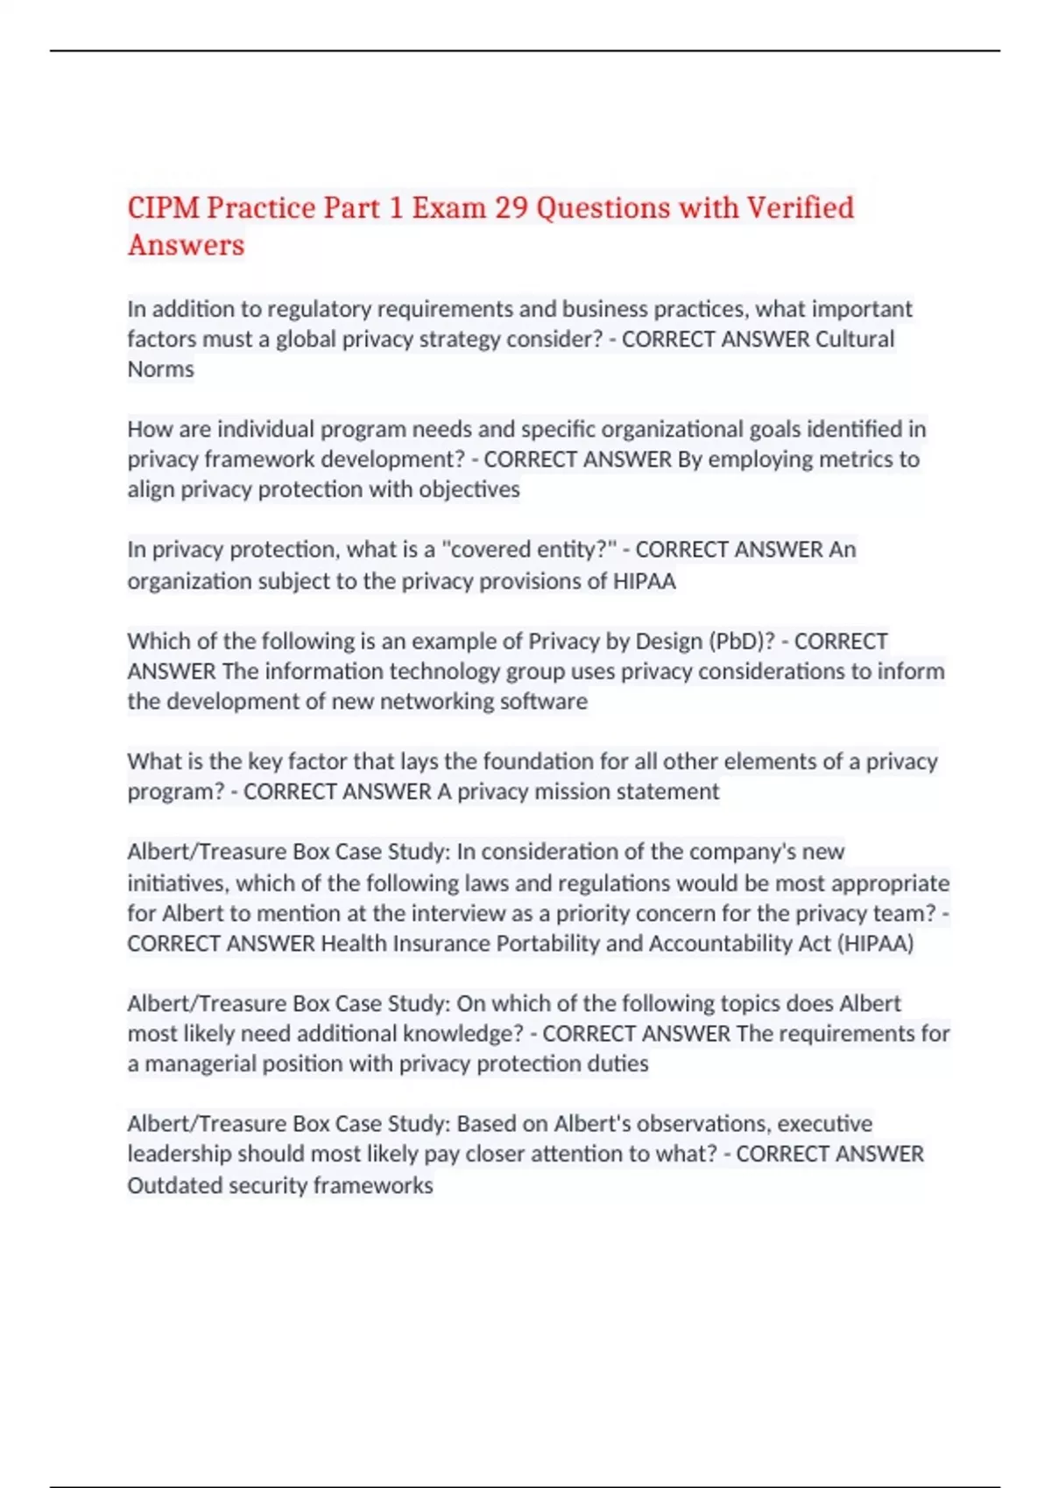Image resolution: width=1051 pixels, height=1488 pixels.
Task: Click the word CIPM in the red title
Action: pyautogui.click(x=163, y=207)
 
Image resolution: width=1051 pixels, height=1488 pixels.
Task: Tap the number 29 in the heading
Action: pyautogui.click(x=511, y=207)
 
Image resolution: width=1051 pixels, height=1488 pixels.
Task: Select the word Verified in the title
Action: pyautogui.click(x=799, y=207)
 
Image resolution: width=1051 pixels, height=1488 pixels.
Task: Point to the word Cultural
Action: pyautogui.click(x=855, y=339)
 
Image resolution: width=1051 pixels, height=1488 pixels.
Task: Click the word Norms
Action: pyautogui.click(x=160, y=369)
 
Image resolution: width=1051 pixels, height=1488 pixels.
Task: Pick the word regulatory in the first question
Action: pyautogui.click(x=319, y=309)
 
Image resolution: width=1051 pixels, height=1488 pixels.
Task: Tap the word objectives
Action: pyautogui.click(x=469, y=489)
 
